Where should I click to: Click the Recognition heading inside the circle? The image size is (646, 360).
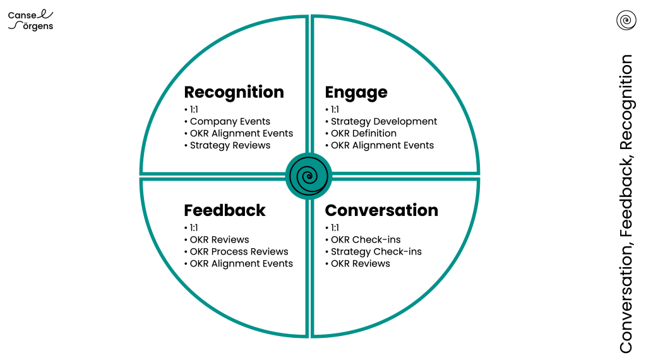coord(234,92)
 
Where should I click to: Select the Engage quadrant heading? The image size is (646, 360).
coord(356,92)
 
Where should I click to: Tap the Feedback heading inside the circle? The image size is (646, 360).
coord(225,210)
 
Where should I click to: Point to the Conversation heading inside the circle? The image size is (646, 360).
coord(381,210)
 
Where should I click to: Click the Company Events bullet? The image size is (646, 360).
coord(230,121)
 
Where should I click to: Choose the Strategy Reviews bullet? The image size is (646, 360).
coord(230,145)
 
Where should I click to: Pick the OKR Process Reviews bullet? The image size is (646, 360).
coord(239,251)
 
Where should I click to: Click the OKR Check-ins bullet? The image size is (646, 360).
coord(366,240)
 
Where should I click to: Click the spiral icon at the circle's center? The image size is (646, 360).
coord(309,176)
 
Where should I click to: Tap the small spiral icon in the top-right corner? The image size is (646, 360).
coord(626,20)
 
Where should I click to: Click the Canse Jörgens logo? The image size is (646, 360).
coord(31,20)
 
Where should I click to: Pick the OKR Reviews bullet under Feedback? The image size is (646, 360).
coord(219,240)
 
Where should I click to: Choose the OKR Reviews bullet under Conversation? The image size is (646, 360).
coord(361,263)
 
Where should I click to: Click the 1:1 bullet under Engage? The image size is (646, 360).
coord(335,109)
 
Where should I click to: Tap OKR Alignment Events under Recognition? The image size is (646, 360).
coord(241,133)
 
